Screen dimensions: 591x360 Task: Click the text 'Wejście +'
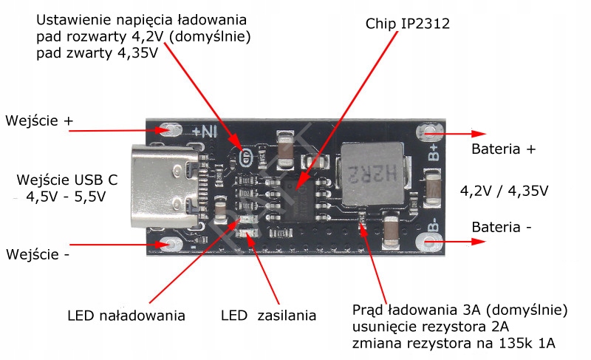click(40, 120)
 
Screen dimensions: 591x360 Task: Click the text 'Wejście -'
click(38, 254)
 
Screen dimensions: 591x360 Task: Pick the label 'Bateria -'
click(502, 227)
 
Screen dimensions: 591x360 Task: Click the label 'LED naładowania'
click(126, 316)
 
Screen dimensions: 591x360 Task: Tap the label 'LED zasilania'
click(268, 316)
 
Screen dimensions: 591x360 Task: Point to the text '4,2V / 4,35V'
click(504, 191)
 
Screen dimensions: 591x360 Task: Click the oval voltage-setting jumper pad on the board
click(247, 156)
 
